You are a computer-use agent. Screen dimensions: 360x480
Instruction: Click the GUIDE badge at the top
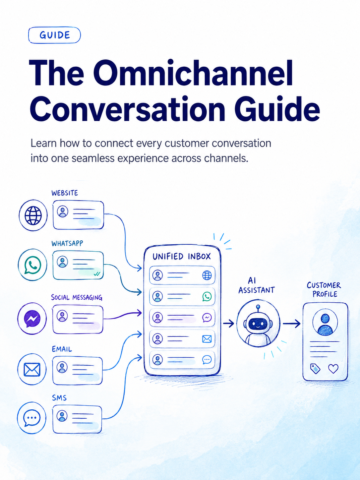click(54, 35)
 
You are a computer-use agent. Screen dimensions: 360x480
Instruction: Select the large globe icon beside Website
click(33, 215)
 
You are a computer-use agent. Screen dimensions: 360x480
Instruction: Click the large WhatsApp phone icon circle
click(32, 265)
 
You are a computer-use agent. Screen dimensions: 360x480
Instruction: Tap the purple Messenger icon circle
click(32, 318)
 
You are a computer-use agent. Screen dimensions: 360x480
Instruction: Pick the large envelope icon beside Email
click(32, 369)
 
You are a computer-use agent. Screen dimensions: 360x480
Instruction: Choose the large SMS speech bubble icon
click(32, 418)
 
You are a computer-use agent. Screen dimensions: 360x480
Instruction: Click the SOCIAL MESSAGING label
click(77, 297)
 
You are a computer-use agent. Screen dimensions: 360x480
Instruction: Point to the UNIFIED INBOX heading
click(182, 257)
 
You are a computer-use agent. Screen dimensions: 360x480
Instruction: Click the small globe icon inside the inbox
click(207, 275)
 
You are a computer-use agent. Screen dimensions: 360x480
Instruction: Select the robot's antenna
click(258, 310)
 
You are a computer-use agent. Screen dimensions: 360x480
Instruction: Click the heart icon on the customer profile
click(333, 369)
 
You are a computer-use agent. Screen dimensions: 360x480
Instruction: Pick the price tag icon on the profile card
click(315, 369)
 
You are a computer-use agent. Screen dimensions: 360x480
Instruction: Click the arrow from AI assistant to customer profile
click(292, 324)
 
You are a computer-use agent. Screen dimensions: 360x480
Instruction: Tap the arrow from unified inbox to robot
click(228, 323)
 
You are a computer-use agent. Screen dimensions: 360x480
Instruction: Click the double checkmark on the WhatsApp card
click(97, 274)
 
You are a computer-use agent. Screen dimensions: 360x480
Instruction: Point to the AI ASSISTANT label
click(256, 285)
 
